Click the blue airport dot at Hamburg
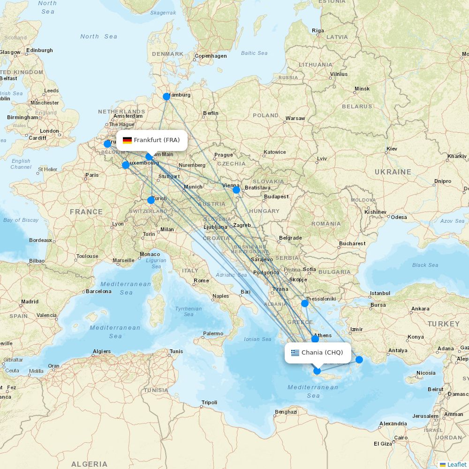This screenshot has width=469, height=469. (x=166, y=97)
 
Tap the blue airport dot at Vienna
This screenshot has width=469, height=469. (x=236, y=189)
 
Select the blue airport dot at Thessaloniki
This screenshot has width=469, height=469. (x=305, y=303)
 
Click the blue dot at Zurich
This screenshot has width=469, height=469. (x=151, y=200)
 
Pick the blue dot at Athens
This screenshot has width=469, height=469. (x=315, y=339)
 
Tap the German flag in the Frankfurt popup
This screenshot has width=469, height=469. (x=127, y=140)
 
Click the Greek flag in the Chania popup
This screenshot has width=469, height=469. (x=295, y=353)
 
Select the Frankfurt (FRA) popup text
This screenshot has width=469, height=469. (x=157, y=140)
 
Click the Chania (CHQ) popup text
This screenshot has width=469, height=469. (x=322, y=353)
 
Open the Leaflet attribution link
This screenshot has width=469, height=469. (x=456, y=464)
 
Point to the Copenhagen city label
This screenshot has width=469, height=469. (x=211, y=56)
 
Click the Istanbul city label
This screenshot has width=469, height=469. (x=380, y=293)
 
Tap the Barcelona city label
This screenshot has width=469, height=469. (x=98, y=291)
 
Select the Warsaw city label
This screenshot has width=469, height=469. (x=295, y=118)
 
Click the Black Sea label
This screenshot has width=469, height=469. (x=425, y=265)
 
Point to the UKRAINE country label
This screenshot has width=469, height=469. (x=393, y=172)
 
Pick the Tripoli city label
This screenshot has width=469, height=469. (x=209, y=402)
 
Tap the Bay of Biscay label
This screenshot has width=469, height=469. (x=21, y=220)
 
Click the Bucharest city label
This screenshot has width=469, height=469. (x=352, y=243)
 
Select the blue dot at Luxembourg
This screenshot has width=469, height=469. (x=126, y=165)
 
